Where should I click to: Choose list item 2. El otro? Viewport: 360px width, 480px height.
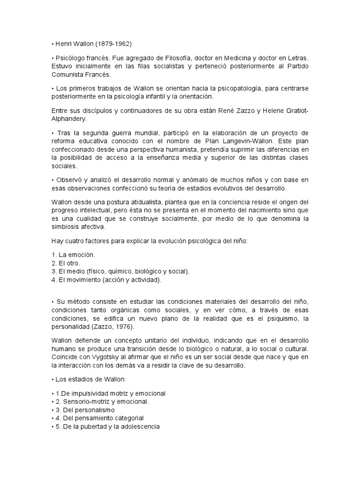click(x=67, y=262)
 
